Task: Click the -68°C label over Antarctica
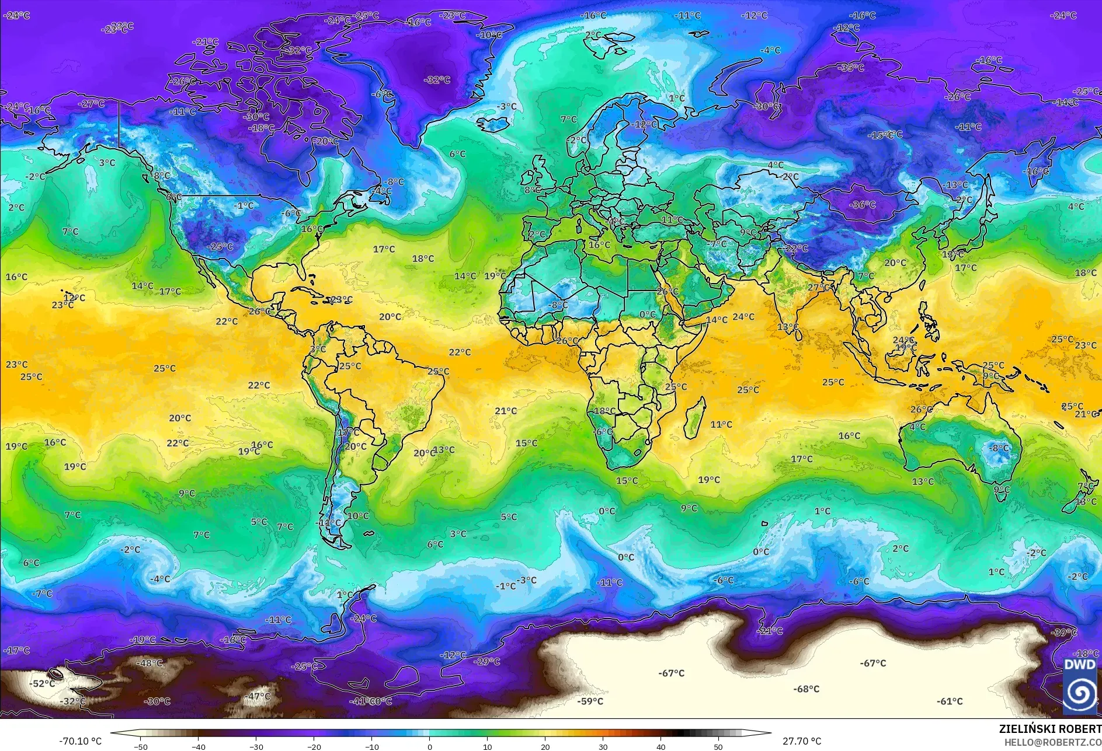click(x=806, y=689)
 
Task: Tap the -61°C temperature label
click(x=950, y=701)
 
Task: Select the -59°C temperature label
click(x=590, y=701)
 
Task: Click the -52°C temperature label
click(x=43, y=684)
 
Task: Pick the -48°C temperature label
click(x=150, y=663)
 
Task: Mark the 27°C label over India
click(x=818, y=288)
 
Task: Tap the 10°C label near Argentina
click(x=358, y=516)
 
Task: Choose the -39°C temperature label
click(x=1063, y=633)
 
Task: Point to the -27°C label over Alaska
click(x=92, y=104)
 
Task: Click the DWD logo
click(x=1080, y=686)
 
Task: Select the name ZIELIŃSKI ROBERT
click(x=1049, y=729)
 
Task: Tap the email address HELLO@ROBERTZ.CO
click(x=1052, y=742)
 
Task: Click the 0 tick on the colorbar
click(x=430, y=746)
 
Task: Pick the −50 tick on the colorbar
click(x=140, y=746)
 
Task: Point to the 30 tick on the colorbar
click(x=603, y=746)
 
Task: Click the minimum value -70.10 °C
click(x=80, y=741)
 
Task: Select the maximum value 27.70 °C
click(x=801, y=741)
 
